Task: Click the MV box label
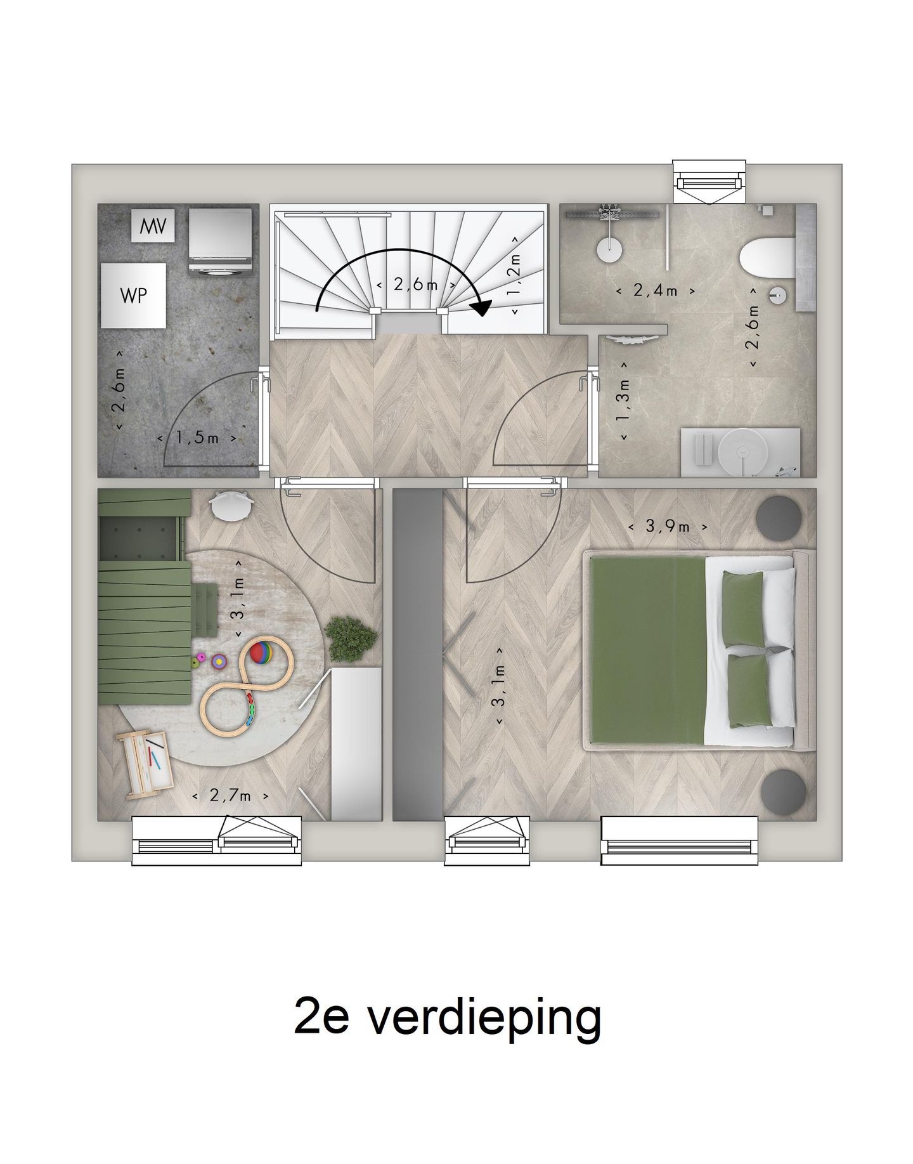tap(153, 225)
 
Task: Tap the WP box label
tap(134, 295)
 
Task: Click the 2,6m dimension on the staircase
tap(415, 284)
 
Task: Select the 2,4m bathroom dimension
tap(656, 291)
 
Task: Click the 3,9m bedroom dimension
tap(667, 526)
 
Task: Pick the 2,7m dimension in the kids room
tap(230, 795)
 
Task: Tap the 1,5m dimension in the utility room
tap(197, 438)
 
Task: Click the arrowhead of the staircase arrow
tap(481, 307)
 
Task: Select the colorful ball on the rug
tap(262, 653)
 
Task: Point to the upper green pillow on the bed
tap(742, 608)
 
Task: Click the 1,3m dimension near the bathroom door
tap(625, 402)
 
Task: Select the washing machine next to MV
tap(221, 241)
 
